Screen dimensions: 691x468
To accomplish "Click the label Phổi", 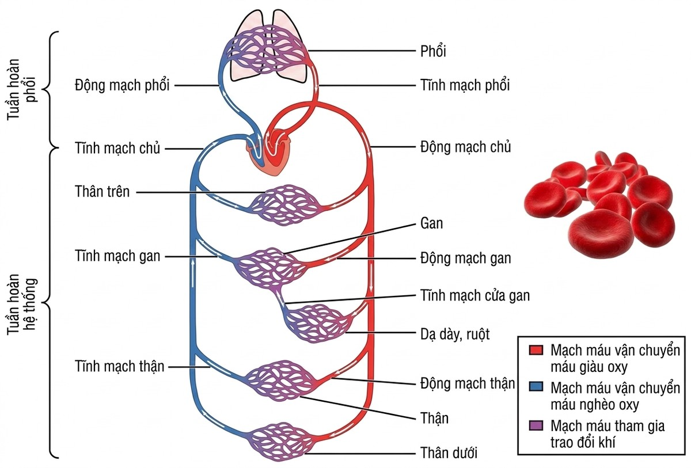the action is [433, 51].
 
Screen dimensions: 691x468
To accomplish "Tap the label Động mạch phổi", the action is [122, 85].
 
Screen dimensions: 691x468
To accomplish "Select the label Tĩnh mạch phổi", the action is [465, 85].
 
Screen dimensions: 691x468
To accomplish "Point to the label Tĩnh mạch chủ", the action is [117, 148].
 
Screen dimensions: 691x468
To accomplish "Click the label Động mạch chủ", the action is [465, 147].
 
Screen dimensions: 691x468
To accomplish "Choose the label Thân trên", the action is [102, 192].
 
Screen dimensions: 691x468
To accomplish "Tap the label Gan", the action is [431, 223].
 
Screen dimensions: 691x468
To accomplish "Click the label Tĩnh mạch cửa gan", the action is [475, 295].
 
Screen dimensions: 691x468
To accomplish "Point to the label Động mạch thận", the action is [468, 384].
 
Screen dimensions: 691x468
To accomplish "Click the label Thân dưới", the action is [449, 453].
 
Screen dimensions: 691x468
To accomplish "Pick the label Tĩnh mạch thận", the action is [119, 367].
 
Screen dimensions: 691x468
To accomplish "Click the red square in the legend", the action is [536, 350].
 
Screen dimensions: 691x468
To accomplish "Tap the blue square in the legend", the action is [536, 387].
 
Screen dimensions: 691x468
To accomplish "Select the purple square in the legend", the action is [536, 425].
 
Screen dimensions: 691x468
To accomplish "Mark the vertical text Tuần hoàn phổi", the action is [22, 89].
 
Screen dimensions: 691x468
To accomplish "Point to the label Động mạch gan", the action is [465, 258].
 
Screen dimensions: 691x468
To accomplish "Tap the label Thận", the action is [434, 418].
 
